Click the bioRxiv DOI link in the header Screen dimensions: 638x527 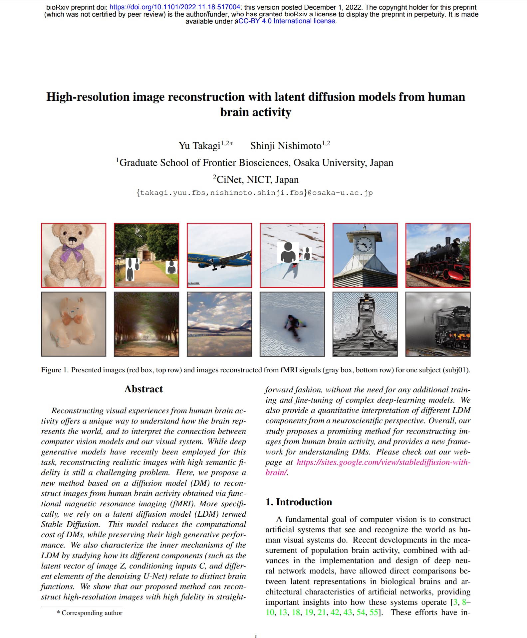tap(174, 7)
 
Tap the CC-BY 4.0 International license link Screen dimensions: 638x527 tap(287, 21)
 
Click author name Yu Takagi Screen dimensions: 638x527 tap(199, 146)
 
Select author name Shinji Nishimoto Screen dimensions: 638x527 tap(286, 146)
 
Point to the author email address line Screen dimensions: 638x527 tap(254, 193)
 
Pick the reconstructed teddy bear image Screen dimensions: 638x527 tap(74, 324)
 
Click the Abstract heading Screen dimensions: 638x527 tap(143, 389)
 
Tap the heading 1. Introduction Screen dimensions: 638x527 tap(299, 502)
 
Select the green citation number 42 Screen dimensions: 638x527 tap(335, 612)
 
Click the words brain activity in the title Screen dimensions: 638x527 tap(255, 112)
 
